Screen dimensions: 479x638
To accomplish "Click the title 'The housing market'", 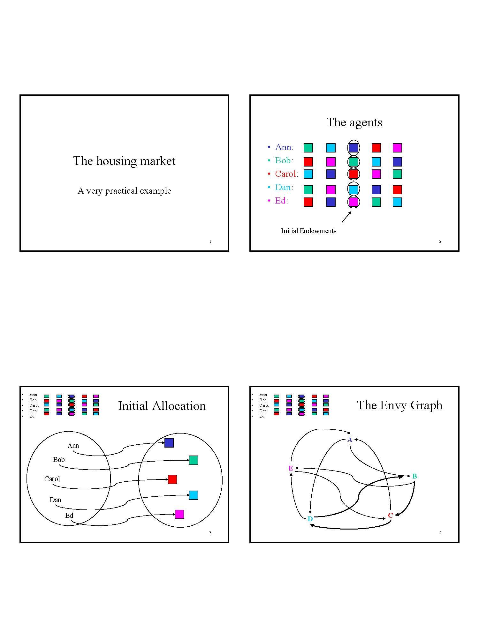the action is click(124, 161).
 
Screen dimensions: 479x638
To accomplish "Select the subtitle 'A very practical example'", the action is click(124, 191).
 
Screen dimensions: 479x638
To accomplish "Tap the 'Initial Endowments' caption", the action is click(308, 231).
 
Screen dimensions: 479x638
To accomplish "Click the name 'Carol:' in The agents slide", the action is click(286, 174).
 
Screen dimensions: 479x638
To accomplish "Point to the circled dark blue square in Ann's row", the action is click(353, 148).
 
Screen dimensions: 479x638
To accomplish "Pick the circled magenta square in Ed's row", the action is click(353, 202).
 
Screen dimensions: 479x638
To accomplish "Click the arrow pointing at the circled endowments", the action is click(346, 217).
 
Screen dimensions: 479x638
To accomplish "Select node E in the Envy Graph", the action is click(291, 468).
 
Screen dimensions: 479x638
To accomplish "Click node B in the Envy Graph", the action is click(414, 476).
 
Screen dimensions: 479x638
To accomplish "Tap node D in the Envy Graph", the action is click(310, 519).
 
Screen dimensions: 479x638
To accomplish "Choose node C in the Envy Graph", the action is click(390, 516).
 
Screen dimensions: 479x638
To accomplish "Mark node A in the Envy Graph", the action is click(350, 440).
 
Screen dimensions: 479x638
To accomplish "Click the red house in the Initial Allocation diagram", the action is click(172, 479).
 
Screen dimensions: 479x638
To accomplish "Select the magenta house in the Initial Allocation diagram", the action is click(179, 514).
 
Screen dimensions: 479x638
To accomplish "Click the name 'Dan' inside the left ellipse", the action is click(55, 500).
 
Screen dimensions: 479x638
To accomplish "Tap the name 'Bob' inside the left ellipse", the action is click(59, 460).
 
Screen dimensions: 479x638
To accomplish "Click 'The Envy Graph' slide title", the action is click(400, 405).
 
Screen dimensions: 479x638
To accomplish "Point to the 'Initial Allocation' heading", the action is click(162, 406).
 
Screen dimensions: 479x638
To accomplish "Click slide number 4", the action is click(440, 533).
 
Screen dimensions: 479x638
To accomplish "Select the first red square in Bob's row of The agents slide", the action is click(308, 162).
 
